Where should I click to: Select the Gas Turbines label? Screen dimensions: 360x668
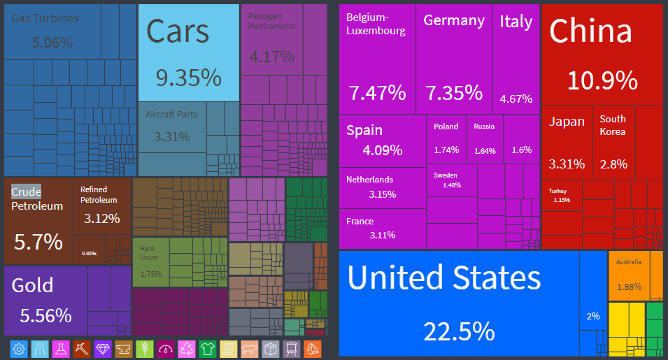pos(45,19)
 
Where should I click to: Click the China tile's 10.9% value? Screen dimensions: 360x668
pos(602,80)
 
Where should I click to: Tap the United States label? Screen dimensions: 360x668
pos(443,278)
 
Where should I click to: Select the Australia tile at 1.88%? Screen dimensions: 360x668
pos(629,275)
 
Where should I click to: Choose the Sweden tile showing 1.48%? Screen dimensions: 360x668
pos(451,180)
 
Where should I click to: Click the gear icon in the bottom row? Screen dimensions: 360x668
pos(19,349)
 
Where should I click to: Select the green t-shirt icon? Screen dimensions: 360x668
pos(208,349)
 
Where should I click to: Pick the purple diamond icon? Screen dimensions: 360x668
pos(103,349)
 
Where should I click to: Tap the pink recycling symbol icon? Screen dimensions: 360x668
pos(187,349)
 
